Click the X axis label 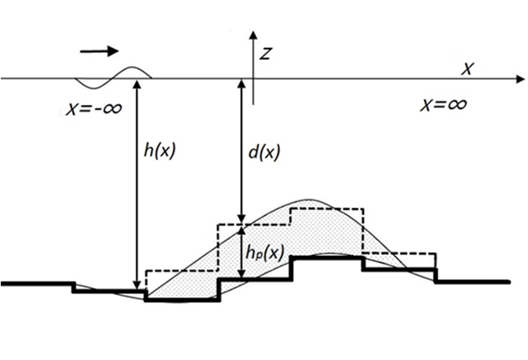click(466, 69)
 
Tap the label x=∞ click(443, 104)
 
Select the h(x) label click(159, 151)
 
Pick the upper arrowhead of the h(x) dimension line click(136, 83)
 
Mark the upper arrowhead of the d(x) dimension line click(241, 83)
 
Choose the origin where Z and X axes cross click(252, 78)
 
